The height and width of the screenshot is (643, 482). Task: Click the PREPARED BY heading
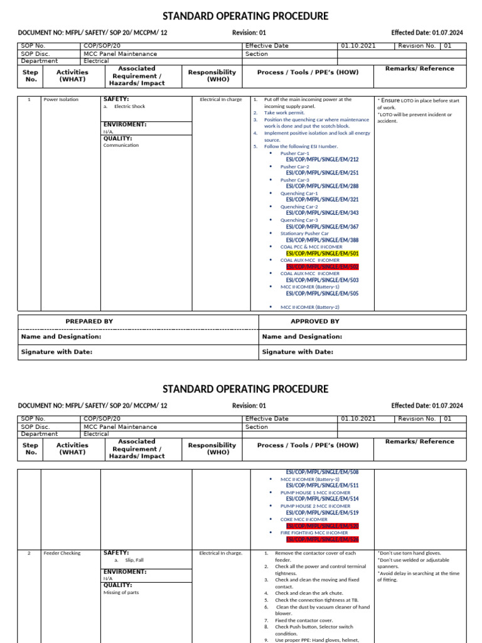pos(89,321)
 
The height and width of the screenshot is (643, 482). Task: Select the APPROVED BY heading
pos(314,321)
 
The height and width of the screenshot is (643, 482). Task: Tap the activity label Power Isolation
pos(62,100)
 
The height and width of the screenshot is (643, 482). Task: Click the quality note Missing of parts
pos(121,592)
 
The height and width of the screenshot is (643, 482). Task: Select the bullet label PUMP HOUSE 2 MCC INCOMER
pos(315,505)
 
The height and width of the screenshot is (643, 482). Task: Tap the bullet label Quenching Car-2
pos(299,207)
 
